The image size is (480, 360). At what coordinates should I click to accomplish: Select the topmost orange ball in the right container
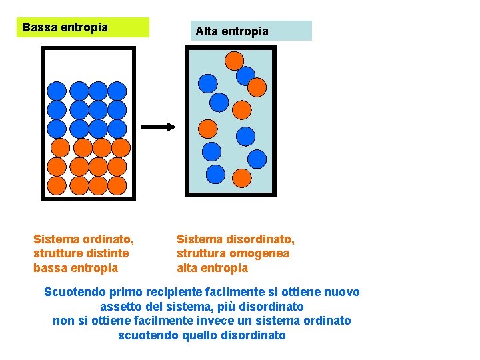(x=234, y=61)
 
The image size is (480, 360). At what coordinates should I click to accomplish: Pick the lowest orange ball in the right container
(x=241, y=177)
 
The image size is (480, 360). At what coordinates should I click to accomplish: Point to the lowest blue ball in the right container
(x=215, y=174)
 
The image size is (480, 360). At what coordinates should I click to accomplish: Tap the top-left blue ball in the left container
(x=57, y=91)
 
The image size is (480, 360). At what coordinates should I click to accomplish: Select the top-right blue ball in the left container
(x=117, y=91)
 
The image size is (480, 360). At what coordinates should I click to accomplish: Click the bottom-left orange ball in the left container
(x=57, y=185)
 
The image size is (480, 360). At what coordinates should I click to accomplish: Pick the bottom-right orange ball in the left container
(x=117, y=185)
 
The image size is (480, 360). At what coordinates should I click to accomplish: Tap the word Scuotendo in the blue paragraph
(x=73, y=292)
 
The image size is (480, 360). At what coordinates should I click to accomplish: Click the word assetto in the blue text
(x=121, y=307)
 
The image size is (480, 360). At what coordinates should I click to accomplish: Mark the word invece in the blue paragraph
(x=213, y=321)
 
